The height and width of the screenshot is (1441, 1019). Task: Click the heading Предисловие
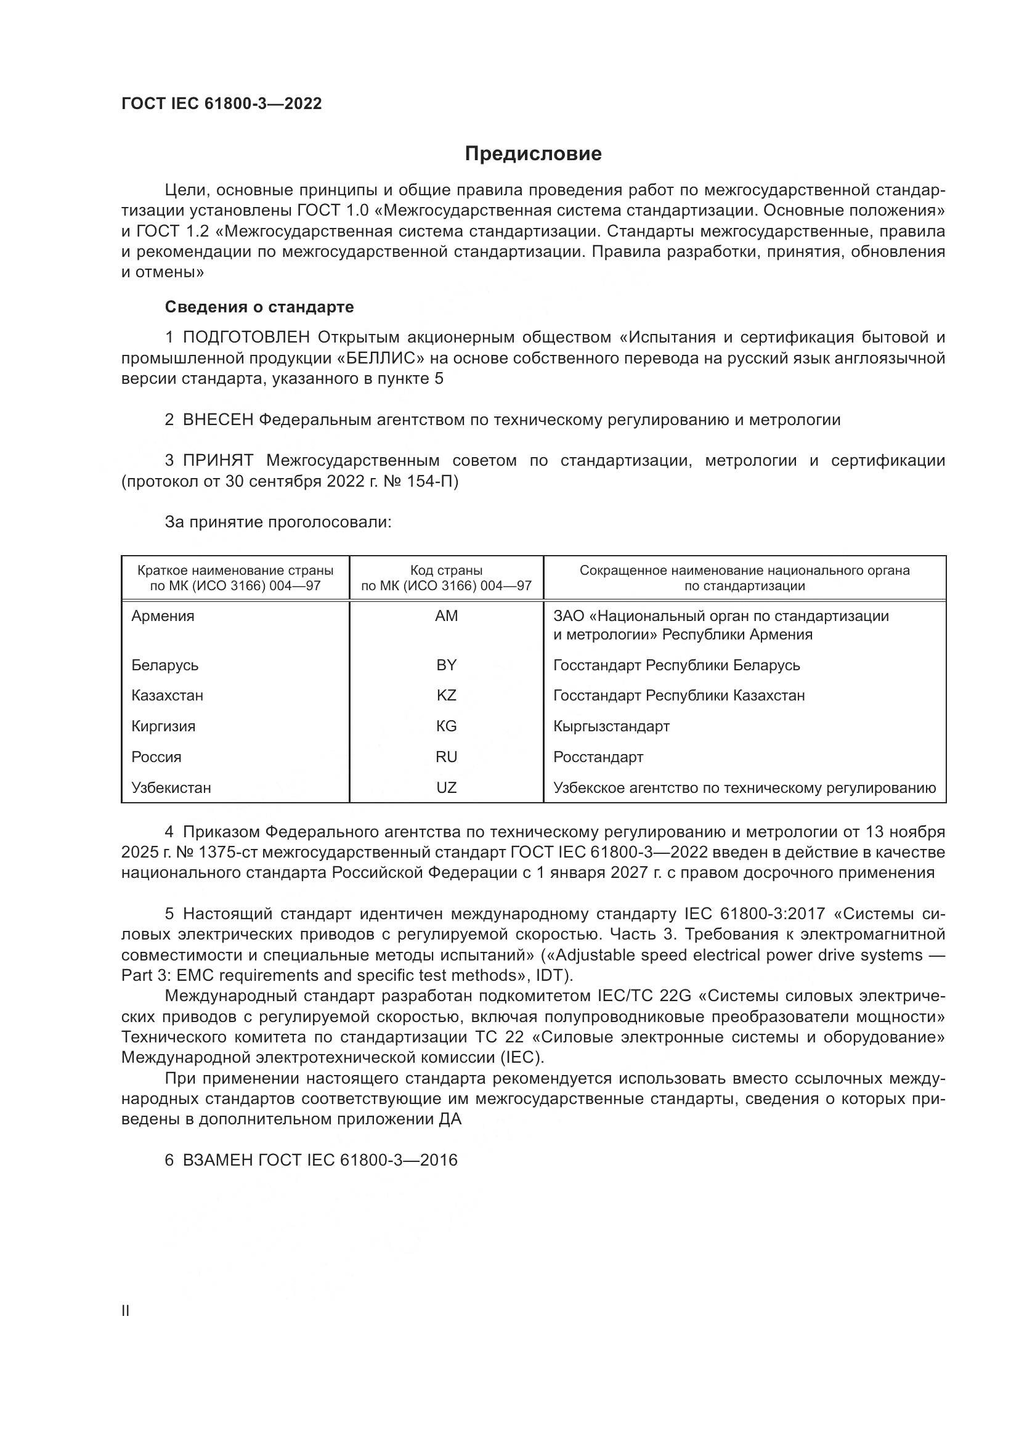[x=533, y=154]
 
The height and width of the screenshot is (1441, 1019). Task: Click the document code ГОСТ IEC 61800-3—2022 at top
[x=222, y=104]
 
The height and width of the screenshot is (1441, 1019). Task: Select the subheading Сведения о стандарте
[x=259, y=307]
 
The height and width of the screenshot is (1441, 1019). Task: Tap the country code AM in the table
[x=446, y=616]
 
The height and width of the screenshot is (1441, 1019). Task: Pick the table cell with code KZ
[x=446, y=696]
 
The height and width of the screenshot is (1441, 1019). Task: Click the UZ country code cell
[x=446, y=788]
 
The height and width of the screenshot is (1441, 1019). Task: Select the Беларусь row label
[x=164, y=665]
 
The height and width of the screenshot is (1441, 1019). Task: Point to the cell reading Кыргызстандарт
[x=611, y=726]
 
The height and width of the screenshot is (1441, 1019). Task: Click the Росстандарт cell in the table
[x=598, y=757]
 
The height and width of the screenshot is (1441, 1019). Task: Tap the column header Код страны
[x=446, y=570]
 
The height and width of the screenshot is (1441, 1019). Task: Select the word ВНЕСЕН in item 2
[x=217, y=420]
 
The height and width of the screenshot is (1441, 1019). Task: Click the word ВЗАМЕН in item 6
[x=217, y=1160]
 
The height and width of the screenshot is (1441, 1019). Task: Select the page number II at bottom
[x=126, y=1311]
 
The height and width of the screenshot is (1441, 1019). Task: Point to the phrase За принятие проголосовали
[x=278, y=522]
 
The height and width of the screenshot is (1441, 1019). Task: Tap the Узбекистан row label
[x=171, y=788]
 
